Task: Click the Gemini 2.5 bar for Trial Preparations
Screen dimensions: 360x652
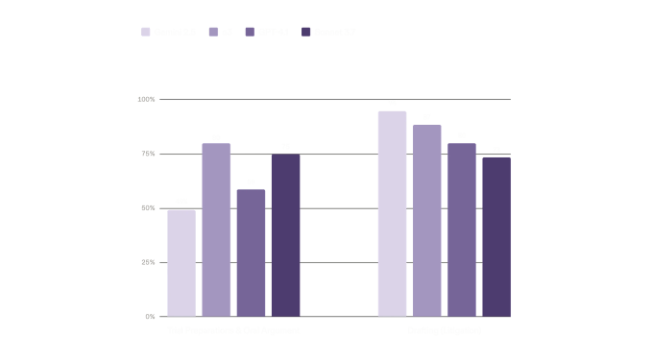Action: pos(181,263)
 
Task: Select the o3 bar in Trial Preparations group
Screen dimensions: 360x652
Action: pos(215,229)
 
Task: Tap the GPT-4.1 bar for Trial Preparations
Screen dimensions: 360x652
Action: pos(251,252)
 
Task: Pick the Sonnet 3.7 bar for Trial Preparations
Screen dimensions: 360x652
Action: pos(285,235)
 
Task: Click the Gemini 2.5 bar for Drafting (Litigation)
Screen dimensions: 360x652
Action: pos(392,213)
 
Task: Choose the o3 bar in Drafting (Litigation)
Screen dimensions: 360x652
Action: pos(426,220)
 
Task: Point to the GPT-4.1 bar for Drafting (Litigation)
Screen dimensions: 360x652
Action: pos(461,229)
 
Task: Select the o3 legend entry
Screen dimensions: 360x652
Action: pos(223,32)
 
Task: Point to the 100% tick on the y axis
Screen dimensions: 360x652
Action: pos(147,99)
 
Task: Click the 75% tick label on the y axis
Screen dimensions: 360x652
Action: pos(150,154)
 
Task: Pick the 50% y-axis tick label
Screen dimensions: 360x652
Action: pos(150,207)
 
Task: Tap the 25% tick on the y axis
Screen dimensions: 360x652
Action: pos(150,261)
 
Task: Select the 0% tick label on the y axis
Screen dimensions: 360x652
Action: pos(151,316)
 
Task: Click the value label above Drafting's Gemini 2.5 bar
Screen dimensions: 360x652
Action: pos(392,102)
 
